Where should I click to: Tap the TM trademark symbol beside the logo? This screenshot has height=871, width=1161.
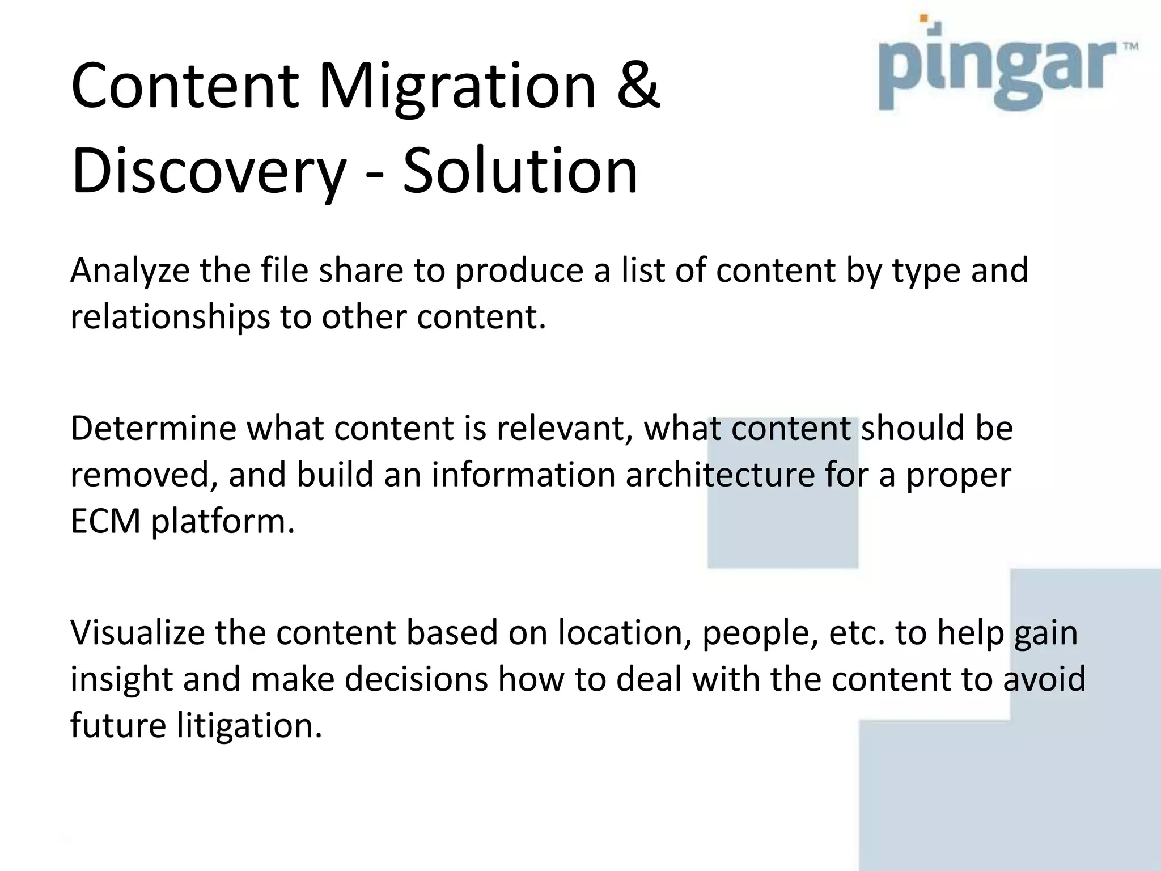pyautogui.click(x=1130, y=47)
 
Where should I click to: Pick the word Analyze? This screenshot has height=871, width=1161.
pyautogui.click(x=130, y=271)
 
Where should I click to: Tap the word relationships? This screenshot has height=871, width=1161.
pyautogui.click(x=170, y=317)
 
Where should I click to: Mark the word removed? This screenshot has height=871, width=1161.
pyautogui.click(x=145, y=475)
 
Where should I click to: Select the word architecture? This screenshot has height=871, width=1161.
pyautogui.click(x=720, y=475)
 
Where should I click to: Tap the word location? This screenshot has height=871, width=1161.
pyautogui.click(x=624, y=633)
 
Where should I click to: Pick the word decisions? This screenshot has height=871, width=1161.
pyautogui.click(x=416, y=679)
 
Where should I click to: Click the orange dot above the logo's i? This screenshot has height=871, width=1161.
pyautogui.click(x=924, y=18)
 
